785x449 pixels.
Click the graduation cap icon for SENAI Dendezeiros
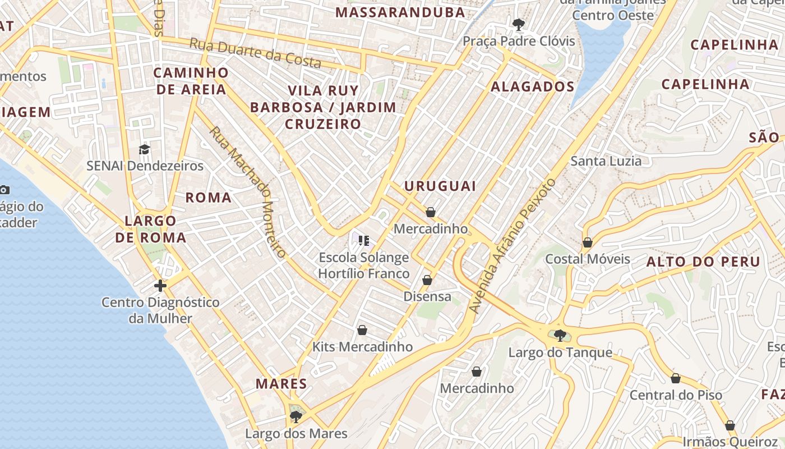pyautogui.click(x=144, y=149)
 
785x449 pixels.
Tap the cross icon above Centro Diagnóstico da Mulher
pyautogui.click(x=160, y=286)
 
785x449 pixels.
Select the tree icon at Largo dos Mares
pyautogui.click(x=296, y=416)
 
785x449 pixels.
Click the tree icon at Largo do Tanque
pyautogui.click(x=560, y=336)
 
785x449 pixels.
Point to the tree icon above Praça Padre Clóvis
pyautogui.click(x=519, y=24)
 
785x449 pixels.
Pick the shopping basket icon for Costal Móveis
pyautogui.click(x=587, y=242)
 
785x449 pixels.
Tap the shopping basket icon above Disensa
pyautogui.click(x=427, y=280)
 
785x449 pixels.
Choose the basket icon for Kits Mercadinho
pyautogui.click(x=362, y=330)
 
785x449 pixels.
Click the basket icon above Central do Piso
pyautogui.click(x=676, y=378)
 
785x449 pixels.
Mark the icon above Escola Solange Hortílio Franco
pyautogui.click(x=364, y=241)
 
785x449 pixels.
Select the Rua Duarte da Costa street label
pyautogui.click(x=255, y=53)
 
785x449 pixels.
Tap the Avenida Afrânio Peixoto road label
pyautogui.click(x=512, y=246)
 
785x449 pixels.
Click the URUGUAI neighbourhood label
pyautogui.click(x=440, y=186)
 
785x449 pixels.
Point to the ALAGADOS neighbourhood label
pyautogui.click(x=533, y=86)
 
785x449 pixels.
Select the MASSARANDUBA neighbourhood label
pyautogui.click(x=400, y=12)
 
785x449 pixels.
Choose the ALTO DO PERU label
pyautogui.click(x=703, y=262)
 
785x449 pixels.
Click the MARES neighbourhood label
pyautogui.click(x=281, y=384)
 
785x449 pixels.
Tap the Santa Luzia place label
pyautogui.click(x=606, y=161)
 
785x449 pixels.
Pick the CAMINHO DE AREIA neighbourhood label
pyautogui.click(x=191, y=81)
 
